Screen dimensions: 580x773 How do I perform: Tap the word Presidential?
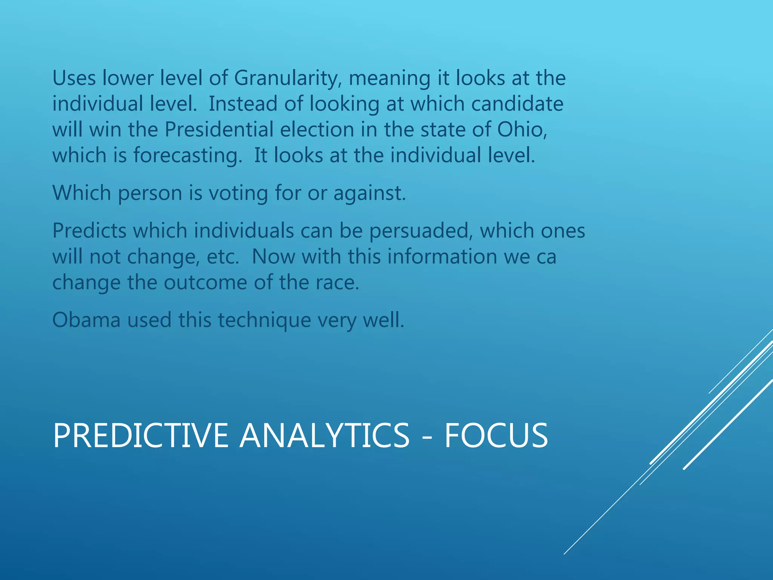point(219,130)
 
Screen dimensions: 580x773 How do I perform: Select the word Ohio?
point(522,130)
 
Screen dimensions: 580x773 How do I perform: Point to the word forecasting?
point(188,156)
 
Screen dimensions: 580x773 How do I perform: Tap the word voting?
point(238,193)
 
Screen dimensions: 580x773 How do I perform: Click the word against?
point(370,193)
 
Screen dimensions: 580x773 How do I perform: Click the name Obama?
point(86,320)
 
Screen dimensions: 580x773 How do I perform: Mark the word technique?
point(264,321)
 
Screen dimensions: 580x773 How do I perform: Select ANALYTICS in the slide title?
point(324,436)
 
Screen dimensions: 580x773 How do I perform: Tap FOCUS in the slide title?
point(496,436)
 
